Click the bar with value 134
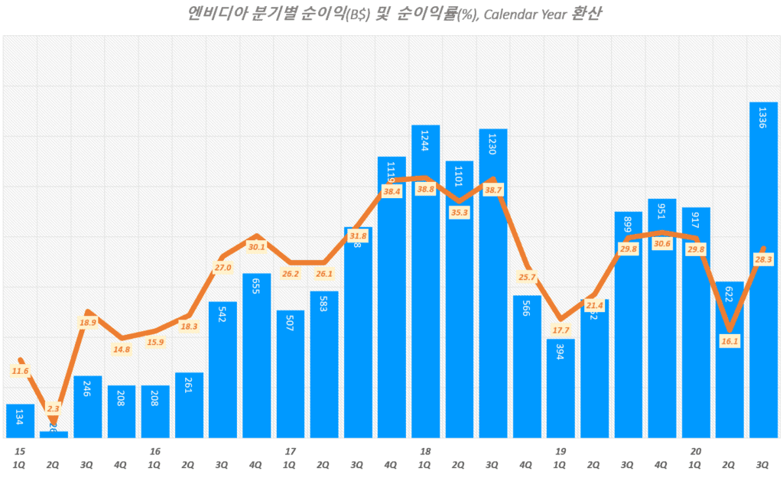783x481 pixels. pyautogui.click(x=20, y=421)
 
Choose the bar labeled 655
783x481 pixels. pyautogui.click(x=256, y=355)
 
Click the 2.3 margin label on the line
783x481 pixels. pyautogui.click(x=53, y=409)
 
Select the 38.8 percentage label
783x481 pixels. pyautogui.click(x=425, y=189)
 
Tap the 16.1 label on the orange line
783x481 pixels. pyautogui.click(x=729, y=341)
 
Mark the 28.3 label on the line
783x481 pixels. pyautogui.click(x=763, y=260)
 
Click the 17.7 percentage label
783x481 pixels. pyautogui.click(x=560, y=330)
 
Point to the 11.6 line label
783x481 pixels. pyautogui.click(x=20, y=371)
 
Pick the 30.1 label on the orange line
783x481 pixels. pyautogui.click(x=256, y=246)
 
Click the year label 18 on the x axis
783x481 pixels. pyautogui.click(x=425, y=451)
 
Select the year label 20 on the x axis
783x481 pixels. pyautogui.click(x=696, y=451)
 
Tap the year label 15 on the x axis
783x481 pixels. pyautogui.click(x=20, y=451)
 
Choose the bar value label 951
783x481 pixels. pyautogui.click(x=662, y=210)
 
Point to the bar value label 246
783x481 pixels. pyautogui.click(x=87, y=387)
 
